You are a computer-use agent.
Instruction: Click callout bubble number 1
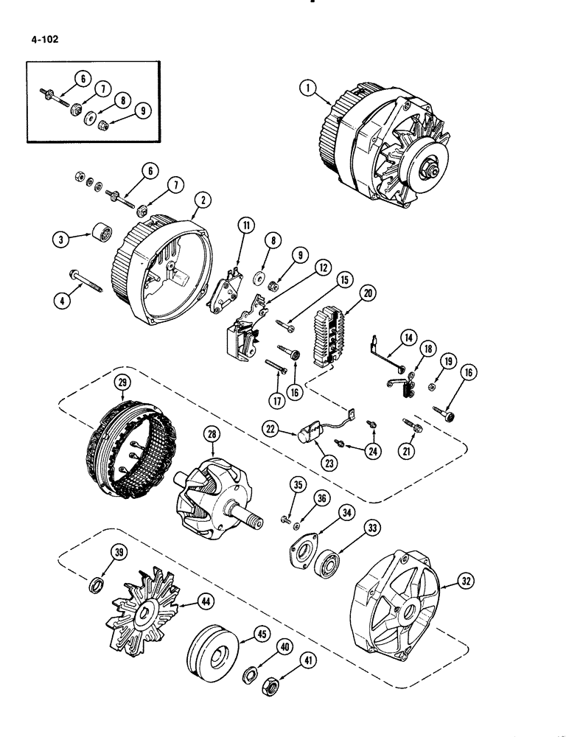click(308, 90)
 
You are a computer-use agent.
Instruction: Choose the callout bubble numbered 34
click(345, 514)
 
